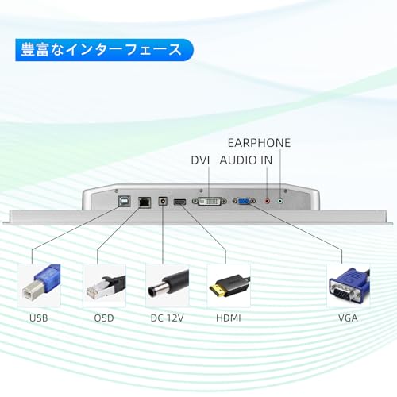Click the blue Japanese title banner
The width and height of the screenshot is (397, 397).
pos(104,50)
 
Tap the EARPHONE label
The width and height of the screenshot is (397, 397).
pos(259,143)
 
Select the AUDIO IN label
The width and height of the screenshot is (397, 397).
pos(246,160)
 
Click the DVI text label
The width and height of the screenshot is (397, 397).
pos(200,160)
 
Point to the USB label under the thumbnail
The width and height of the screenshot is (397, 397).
pos(39,318)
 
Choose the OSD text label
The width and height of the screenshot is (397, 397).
pos(104,318)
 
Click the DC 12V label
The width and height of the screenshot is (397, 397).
pos(167,318)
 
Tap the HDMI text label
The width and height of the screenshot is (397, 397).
pos(229,318)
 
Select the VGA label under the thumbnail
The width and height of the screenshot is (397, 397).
pos(348,318)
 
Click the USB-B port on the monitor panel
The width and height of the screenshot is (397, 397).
pos(125,202)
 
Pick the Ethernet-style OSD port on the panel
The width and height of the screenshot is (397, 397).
pos(145,202)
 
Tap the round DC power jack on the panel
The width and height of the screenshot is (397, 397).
pos(163,202)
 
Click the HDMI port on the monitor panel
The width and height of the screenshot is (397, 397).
pos(179,202)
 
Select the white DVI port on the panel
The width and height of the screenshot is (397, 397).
pos(210,202)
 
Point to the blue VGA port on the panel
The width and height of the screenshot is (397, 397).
pos(244,202)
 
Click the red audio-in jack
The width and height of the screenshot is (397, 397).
pos(268,202)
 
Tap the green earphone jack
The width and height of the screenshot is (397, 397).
pos(280,202)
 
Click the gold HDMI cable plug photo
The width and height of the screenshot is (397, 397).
pos(229,286)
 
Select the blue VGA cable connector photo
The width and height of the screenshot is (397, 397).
pos(349,286)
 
